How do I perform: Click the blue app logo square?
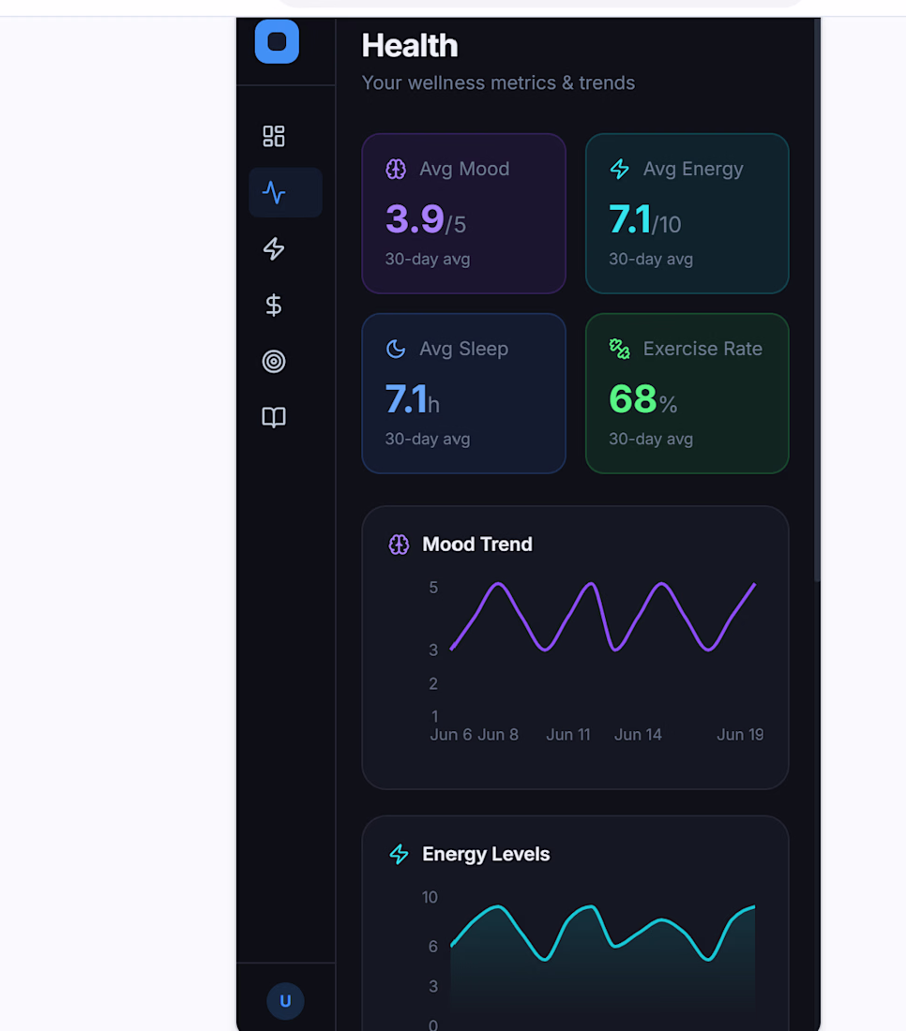click(277, 40)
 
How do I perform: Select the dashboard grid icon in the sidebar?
click(274, 136)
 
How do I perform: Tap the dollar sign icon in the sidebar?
click(274, 306)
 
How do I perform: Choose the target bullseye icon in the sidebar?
click(274, 361)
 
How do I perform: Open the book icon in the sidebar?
click(274, 417)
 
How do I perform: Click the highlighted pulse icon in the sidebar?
click(274, 193)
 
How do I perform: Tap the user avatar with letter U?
click(285, 1001)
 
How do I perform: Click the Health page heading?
click(409, 45)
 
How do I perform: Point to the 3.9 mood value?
click(415, 219)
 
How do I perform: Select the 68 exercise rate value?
click(632, 398)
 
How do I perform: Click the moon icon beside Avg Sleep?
click(396, 349)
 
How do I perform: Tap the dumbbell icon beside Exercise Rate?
click(619, 349)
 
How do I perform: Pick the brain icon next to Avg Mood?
click(396, 169)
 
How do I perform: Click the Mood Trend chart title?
click(477, 544)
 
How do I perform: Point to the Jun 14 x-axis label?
click(638, 735)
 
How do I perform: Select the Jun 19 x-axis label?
click(740, 735)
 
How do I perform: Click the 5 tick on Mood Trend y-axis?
click(433, 587)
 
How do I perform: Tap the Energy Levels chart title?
click(486, 854)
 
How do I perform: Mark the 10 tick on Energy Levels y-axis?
click(430, 897)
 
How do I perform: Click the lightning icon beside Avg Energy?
click(619, 169)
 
